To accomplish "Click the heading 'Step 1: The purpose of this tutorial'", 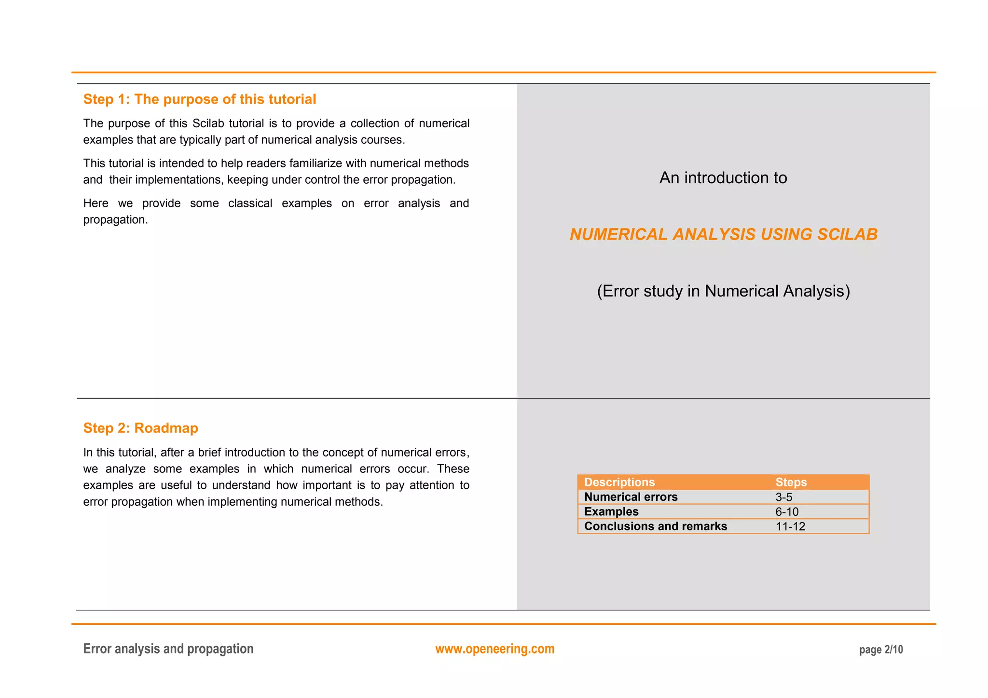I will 200,99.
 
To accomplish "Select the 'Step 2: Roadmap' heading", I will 140,428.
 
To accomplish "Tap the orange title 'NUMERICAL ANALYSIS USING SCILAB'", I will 723,234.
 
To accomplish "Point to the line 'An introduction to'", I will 723,178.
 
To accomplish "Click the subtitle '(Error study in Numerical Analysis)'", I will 723,291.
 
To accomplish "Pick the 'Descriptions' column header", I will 619,482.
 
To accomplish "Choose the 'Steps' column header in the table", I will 791,482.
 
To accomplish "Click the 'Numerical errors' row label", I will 631,497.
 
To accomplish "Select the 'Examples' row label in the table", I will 611,511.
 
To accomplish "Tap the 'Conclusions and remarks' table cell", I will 656,526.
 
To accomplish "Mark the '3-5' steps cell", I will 783,497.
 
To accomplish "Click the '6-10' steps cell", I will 787,511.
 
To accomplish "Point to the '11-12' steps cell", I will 790,526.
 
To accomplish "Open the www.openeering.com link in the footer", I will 495,649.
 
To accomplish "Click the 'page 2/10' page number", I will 881,650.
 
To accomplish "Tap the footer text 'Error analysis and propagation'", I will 168,649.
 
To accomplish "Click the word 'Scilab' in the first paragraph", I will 208,123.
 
